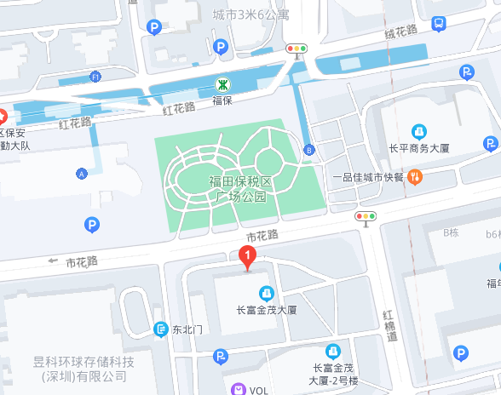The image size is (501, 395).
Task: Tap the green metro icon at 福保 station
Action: pos(222,84)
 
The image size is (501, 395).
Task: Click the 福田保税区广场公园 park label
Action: pos(241,189)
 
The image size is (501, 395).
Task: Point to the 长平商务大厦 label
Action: pos(419,148)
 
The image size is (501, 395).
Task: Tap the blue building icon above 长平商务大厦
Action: pos(419,131)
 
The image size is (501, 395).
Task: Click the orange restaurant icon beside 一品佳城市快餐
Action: pos(414,177)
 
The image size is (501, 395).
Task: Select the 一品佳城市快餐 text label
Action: pos(367,177)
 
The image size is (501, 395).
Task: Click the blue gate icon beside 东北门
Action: pos(161,329)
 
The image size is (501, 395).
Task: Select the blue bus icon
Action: pos(438,24)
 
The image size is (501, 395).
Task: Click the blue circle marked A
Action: pos(82,174)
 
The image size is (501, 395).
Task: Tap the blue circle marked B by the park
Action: pos(308,150)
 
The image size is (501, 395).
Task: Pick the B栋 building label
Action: pos(451,232)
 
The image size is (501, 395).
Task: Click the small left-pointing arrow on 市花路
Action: pos(53,260)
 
